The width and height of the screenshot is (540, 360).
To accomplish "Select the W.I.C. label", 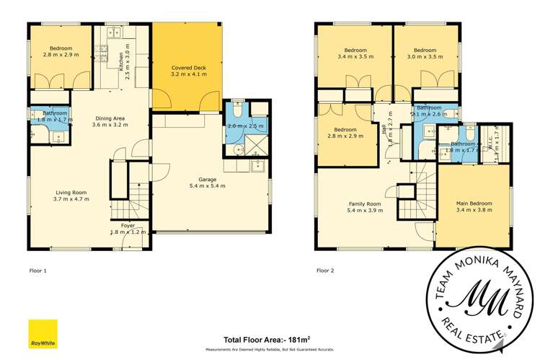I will tap(497, 135).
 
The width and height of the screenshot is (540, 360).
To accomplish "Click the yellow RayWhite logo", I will tap(43, 333).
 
